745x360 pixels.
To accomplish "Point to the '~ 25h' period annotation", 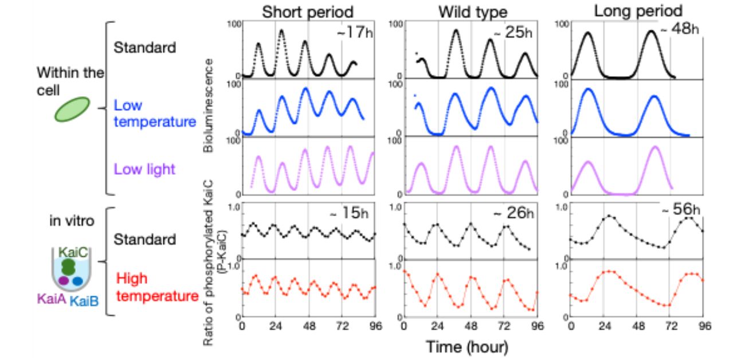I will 517,33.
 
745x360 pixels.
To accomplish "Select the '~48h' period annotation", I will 682,30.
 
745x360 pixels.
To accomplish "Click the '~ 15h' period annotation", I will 348,214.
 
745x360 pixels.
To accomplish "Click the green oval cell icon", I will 72,109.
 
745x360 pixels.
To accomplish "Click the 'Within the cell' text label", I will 70,81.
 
